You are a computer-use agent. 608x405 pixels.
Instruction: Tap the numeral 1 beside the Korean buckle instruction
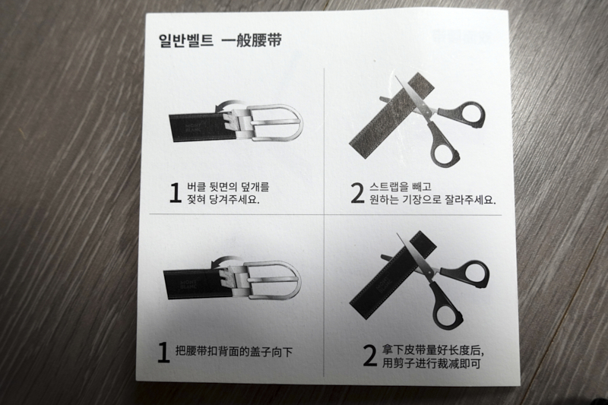pos(175,195)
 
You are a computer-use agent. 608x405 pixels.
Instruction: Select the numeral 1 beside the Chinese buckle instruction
pos(163,352)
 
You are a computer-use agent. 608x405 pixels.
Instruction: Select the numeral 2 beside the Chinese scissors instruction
pos(369,356)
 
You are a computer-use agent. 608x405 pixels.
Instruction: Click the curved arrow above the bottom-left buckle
pos(222,263)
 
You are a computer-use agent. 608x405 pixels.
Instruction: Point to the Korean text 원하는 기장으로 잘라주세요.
pos(433,201)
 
